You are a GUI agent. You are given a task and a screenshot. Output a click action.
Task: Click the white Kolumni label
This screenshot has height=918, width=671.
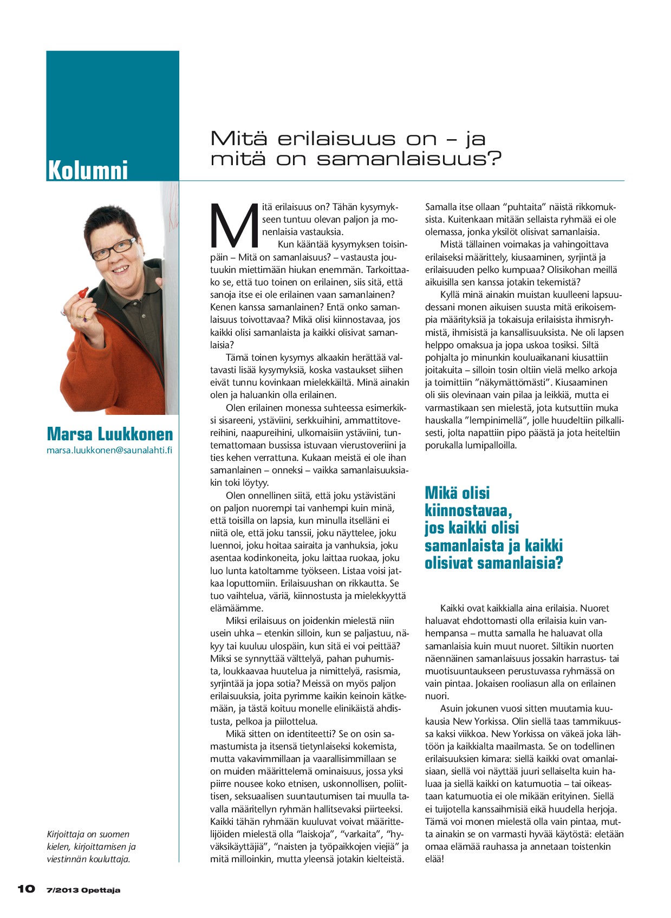(x=88, y=170)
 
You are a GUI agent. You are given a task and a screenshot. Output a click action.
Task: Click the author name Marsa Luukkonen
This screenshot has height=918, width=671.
(x=110, y=434)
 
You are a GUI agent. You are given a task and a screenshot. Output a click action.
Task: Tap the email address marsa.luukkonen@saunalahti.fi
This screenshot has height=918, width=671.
(x=109, y=450)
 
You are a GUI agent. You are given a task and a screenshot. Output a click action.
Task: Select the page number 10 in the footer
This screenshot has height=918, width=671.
(x=26, y=889)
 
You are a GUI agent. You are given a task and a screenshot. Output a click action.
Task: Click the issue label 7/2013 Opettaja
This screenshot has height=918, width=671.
(x=83, y=890)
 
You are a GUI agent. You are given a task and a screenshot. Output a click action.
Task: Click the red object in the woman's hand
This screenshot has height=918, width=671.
(x=82, y=292)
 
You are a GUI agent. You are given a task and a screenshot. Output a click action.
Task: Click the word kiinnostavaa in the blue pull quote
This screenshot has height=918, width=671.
(x=468, y=510)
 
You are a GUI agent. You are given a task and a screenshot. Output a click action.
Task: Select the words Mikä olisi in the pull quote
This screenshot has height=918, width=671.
(x=457, y=493)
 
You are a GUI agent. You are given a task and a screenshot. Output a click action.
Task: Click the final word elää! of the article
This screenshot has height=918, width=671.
(x=434, y=859)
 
